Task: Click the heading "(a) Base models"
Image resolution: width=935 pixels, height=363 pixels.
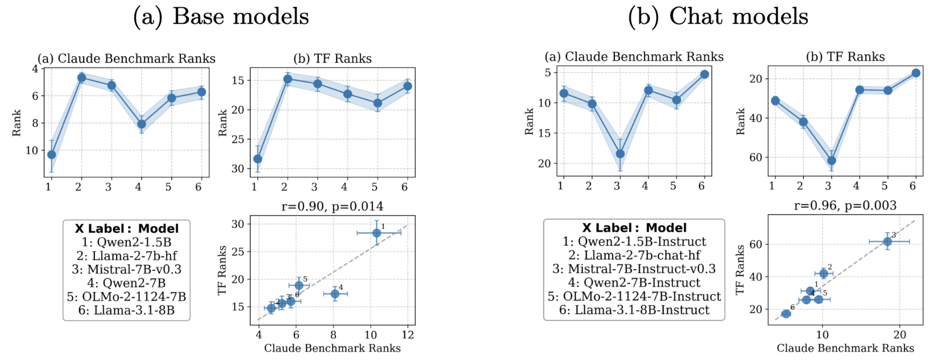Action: point(221,17)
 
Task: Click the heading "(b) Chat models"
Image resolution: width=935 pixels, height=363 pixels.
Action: point(718,17)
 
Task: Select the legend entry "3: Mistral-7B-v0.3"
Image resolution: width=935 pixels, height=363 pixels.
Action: point(126,269)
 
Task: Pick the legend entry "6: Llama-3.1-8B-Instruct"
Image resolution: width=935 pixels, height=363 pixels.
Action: point(634,310)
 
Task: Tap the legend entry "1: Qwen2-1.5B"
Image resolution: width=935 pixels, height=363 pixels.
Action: point(126,242)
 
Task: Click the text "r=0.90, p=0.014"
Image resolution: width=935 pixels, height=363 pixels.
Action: point(332,206)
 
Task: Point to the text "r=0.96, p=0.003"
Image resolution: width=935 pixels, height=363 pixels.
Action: point(845,206)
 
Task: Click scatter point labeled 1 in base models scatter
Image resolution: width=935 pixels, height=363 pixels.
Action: point(377,233)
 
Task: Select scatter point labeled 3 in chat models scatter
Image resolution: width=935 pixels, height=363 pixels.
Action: point(887,242)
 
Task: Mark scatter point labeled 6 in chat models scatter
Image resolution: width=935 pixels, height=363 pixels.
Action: point(786,313)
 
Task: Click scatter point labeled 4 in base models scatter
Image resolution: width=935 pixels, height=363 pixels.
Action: point(335,294)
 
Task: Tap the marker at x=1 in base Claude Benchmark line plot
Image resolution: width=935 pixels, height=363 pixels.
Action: point(52,155)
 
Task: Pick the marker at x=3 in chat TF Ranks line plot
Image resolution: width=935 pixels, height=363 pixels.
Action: point(831,161)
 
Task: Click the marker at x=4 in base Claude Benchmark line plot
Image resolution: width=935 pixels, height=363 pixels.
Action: point(142,124)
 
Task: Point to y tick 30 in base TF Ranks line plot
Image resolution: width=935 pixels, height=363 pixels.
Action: point(238,168)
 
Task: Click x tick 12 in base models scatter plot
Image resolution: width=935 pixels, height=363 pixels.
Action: point(407,335)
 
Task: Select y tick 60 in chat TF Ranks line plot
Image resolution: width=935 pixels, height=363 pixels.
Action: point(756,157)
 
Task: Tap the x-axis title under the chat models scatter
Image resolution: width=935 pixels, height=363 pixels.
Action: point(845,348)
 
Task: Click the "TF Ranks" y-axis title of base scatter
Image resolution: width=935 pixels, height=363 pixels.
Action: point(222,270)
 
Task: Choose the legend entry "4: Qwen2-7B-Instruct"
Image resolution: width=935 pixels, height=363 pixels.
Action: point(634,283)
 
